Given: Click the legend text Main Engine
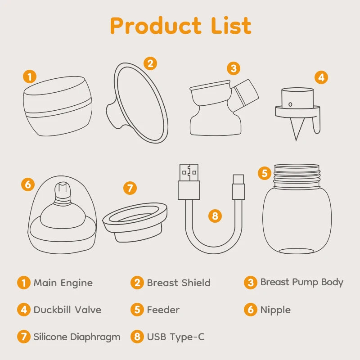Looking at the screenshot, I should tap(63, 283).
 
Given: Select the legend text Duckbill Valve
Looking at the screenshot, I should tap(67, 310).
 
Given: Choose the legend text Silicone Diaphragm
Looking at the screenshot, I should tap(77, 337).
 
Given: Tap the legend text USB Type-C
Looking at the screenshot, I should tap(176, 337).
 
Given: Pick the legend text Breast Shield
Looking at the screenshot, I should tap(179, 283).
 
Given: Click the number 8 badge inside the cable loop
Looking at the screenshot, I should tap(215, 216).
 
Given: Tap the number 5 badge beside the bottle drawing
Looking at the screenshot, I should tap(265, 173).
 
